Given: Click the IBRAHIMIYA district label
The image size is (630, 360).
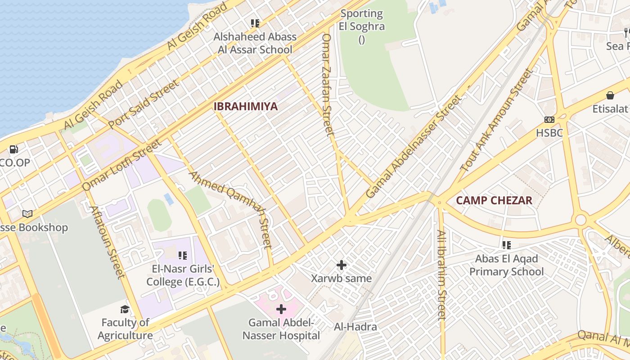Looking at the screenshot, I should pos(245,107).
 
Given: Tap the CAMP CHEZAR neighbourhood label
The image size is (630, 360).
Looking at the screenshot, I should pos(494,200).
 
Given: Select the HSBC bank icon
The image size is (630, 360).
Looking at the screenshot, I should pos(549,120).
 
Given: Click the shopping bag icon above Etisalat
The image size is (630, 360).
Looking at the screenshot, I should pos(610,95).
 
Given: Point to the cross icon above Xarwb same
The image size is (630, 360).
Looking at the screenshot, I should pos(342,265).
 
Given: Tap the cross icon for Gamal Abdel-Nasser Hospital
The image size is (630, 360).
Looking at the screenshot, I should pos(281,309).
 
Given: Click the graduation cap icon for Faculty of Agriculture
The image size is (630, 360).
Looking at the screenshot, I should pos(125,309).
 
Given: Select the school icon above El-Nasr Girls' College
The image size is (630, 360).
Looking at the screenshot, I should pos(182,256).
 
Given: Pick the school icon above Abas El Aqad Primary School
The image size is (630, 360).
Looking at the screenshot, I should pos(507,245).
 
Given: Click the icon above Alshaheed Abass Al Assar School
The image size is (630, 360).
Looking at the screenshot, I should pos(255,23).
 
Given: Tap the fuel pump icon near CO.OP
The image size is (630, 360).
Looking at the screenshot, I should pos(14,149).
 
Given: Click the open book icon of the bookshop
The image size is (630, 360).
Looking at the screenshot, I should pos(27,214).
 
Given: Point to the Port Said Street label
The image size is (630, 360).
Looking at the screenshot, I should pos(144,104).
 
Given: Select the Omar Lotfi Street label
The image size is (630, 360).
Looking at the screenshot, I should pos(121,165).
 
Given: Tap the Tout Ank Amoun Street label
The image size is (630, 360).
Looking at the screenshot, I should pos(495,120).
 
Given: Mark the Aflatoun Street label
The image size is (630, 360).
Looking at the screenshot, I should pos(107,242).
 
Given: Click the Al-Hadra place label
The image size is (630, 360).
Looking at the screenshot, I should pos(355,327).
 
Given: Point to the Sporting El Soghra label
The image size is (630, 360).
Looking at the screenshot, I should pos(362,20).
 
